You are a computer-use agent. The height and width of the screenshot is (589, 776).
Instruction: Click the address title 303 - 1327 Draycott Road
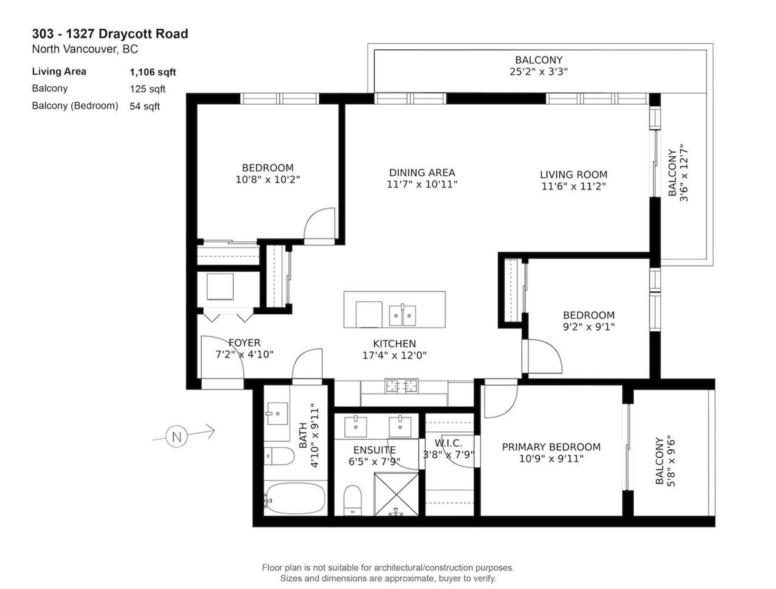(x=110, y=34)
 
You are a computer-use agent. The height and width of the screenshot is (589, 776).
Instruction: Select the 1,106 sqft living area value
(x=153, y=72)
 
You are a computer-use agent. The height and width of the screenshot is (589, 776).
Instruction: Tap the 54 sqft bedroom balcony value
(x=145, y=106)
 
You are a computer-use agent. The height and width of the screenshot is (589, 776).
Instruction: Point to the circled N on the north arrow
(x=177, y=437)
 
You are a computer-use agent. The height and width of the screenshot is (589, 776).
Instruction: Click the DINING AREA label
(x=422, y=173)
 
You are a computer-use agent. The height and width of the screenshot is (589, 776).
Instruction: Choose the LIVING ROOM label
(x=574, y=175)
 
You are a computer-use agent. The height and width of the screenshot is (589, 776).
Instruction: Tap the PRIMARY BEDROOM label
(x=551, y=447)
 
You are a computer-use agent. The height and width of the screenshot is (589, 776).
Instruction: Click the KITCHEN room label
(x=394, y=344)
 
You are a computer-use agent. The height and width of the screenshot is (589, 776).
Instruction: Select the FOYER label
(x=245, y=343)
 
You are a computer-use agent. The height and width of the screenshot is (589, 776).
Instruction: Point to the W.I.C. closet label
(x=448, y=443)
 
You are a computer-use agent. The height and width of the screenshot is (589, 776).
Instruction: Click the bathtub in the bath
(x=295, y=498)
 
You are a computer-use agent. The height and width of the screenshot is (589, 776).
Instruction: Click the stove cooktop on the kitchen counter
(x=401, y=386)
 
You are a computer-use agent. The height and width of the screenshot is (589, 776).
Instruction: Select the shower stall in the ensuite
(x=396, y=494)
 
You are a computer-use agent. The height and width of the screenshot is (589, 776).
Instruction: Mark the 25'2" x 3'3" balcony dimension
(x=539, y=72)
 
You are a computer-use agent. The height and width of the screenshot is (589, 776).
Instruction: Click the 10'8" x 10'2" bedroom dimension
(x=268, y=179)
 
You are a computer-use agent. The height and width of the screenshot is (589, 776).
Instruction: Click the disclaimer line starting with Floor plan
(x=388, y=568)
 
